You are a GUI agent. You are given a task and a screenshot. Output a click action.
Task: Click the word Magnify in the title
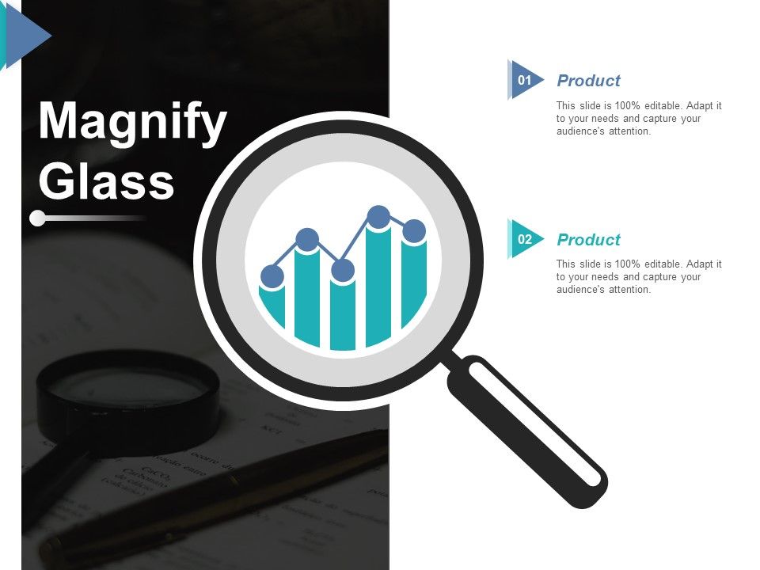tap(132, 123)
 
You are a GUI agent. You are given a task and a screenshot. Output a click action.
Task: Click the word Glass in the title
tap(106, 181)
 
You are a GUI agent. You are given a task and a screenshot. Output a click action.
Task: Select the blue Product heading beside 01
tap(588, 81)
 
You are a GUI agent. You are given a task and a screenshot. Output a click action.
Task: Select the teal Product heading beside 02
tap(588, 240)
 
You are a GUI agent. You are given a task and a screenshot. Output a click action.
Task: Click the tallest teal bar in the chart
tap(378, 285)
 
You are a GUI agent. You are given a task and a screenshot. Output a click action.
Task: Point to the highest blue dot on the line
tap(378, 216)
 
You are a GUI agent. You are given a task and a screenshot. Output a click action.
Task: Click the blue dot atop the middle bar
tap(343, 271)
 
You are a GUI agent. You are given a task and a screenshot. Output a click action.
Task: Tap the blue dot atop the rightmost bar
tap(414, 231)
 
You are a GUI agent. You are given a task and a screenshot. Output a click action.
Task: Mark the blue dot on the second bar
tap(307, 239)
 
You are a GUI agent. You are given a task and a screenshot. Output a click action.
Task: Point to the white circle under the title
tap(37, 217)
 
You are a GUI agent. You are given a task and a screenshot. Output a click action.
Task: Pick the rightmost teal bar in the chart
tap(414, 281)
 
